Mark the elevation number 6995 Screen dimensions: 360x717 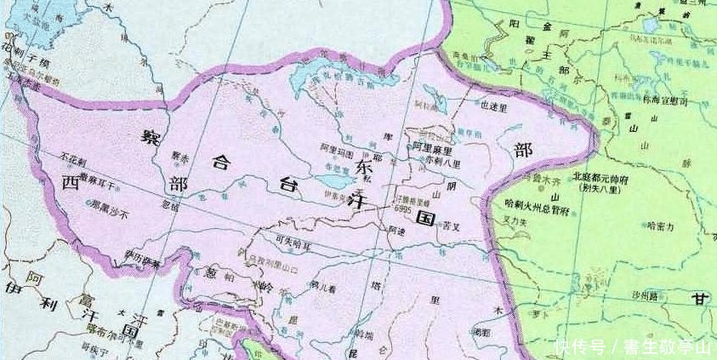[407, 209]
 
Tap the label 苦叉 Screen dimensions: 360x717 [450, 226]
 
